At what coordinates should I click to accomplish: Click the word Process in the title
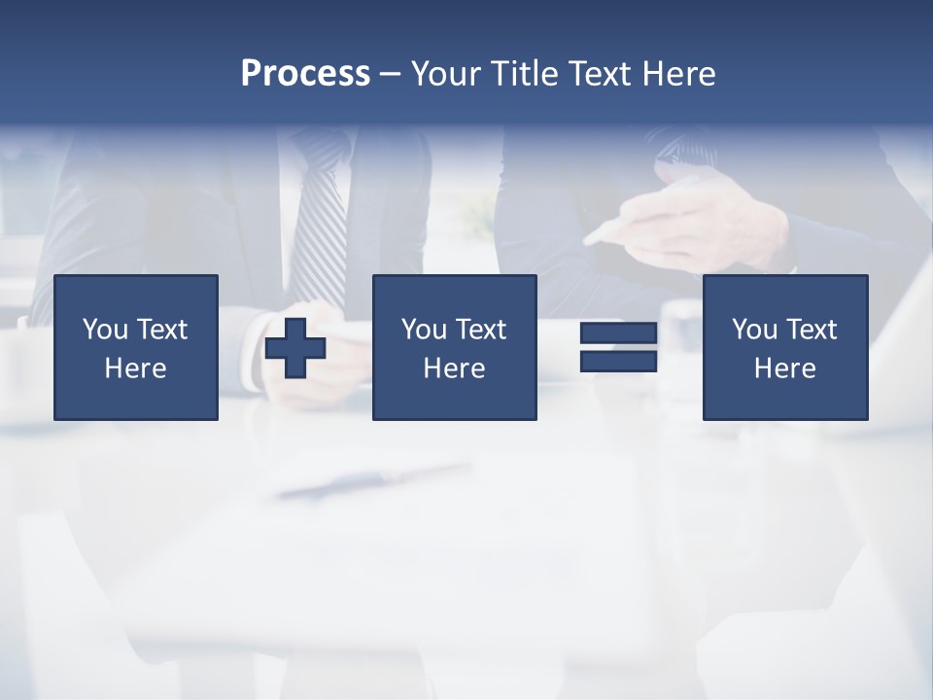tap(305, 74)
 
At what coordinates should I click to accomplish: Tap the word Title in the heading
tap(525, 74)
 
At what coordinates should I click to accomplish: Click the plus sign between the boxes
tap(295, 347)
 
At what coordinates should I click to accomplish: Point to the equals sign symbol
tap(618, 347)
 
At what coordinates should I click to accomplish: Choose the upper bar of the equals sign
tap(618, 333)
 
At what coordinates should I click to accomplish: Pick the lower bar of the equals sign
tap(618, 361)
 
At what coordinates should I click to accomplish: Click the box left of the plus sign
tap(136, 347)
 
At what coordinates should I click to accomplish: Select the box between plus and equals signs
tap(454, 347)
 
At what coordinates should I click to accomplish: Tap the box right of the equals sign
tap(785, 347)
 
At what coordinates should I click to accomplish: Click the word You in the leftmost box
tap(105, 330)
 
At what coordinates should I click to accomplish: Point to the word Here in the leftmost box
tap(136, 368)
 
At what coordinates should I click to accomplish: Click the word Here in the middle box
tap(454, 368)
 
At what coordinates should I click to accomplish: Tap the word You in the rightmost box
tap(754, 330)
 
